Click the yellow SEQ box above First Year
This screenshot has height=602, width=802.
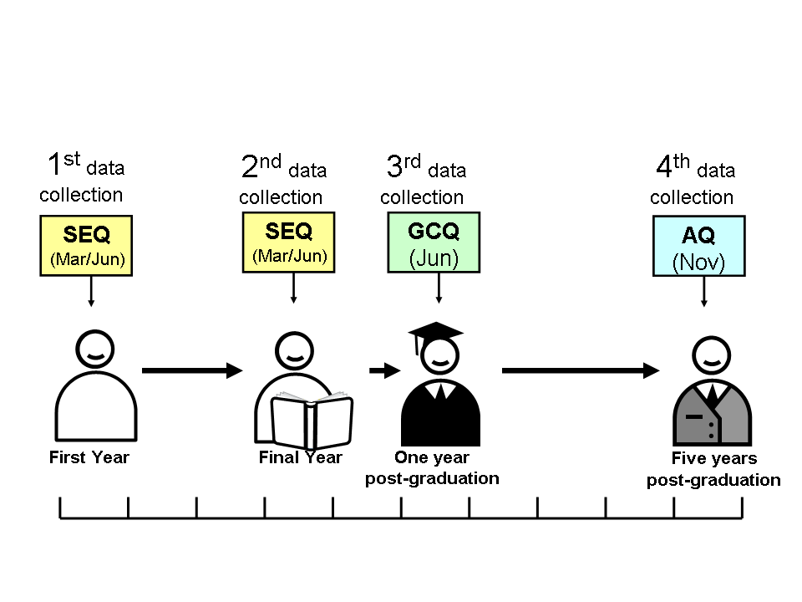[86, 246]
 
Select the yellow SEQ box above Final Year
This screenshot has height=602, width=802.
[288, 242]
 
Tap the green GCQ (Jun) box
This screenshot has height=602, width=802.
[434, 242]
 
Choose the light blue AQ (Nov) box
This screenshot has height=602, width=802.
[698, 246]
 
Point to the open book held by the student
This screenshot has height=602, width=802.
[312, 420]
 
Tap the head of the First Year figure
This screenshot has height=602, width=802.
[94, 349]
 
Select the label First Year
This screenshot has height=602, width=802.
[89, 457]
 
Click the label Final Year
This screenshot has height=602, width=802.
[300, 457]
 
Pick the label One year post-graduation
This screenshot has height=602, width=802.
[432, 468]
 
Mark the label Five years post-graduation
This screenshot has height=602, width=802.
[713, 469]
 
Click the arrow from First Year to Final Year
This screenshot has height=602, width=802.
[192, 370]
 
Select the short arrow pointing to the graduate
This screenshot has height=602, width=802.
[384, 370]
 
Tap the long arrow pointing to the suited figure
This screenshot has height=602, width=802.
[581, 370]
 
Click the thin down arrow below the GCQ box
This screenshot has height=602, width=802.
[439, 288]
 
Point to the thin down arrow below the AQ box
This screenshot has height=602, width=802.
[703, 292]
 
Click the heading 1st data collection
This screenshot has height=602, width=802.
[82, 177]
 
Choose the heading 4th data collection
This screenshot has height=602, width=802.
[693, 180]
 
